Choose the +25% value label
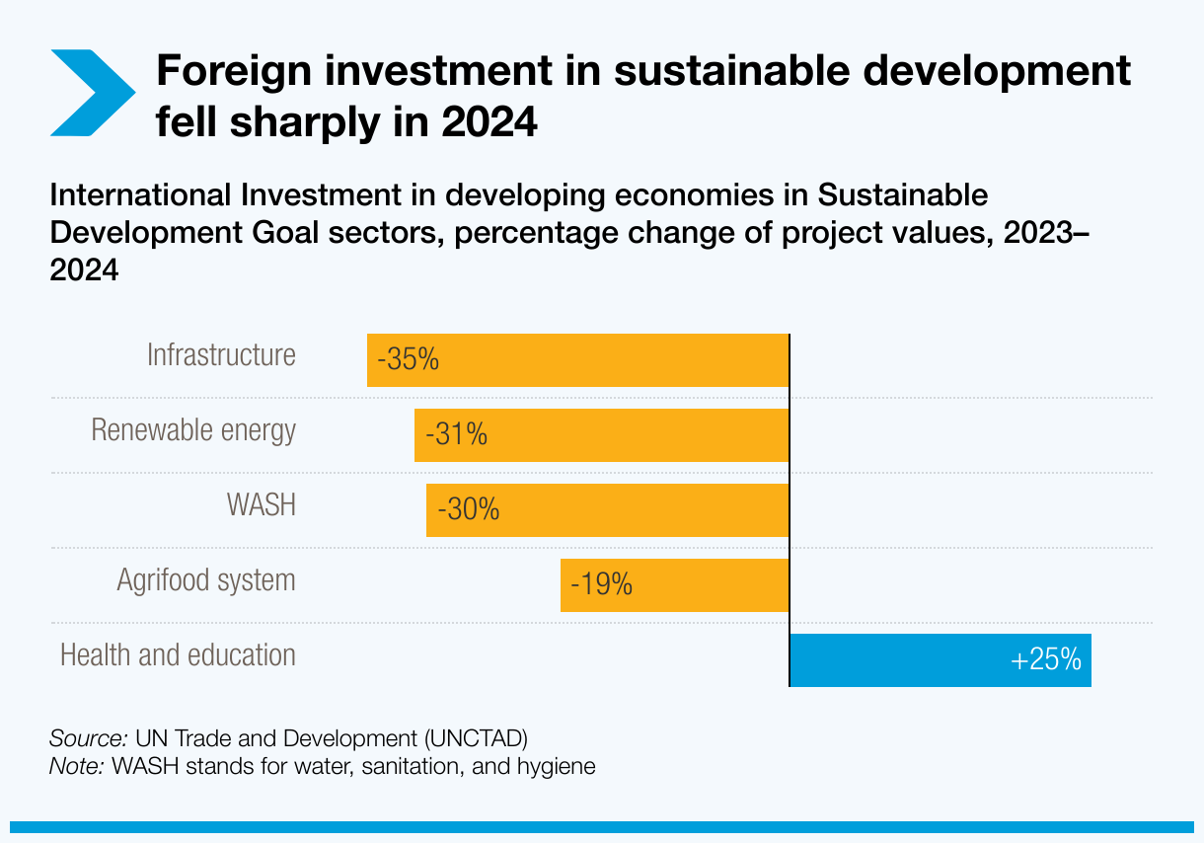click(1047, 659)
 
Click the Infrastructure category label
click(221, 354)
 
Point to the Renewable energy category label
click(193, 430)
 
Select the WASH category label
click(261, 504)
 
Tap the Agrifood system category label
click(206, 579)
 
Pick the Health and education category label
click(178, 654)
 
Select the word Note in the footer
click(77, 766)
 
